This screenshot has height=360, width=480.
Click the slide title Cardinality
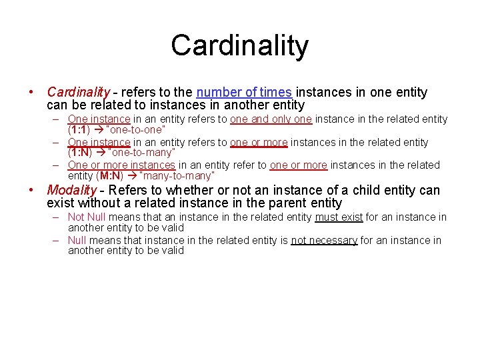[x=240, y=45]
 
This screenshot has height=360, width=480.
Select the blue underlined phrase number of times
[x=244, y=93]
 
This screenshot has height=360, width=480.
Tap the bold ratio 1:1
[x=79, y=130]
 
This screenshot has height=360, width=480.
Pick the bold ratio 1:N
[x=80, y=153]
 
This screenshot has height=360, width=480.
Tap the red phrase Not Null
[x=87, y=217]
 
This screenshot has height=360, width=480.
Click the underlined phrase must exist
[x=339, y=217]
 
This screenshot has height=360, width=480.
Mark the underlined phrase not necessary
[x=324, y=239]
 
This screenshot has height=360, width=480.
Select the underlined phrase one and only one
[x=271, y=119]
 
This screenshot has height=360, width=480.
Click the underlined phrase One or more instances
[x=121, y=165]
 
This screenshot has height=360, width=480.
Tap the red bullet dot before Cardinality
[x=31, y=93]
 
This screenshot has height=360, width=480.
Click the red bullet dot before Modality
[x=31, y=191]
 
